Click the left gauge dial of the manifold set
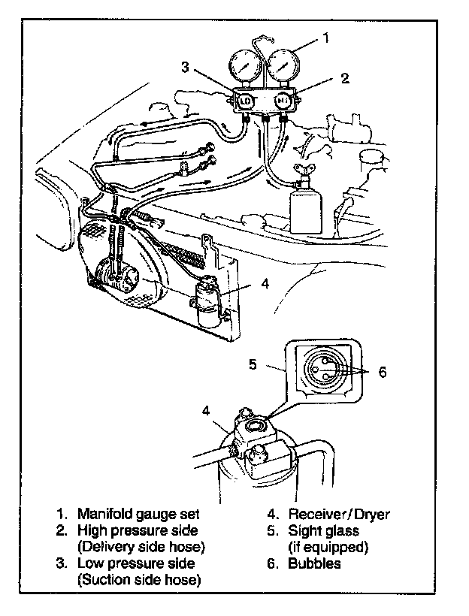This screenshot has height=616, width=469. (x=247, y=68)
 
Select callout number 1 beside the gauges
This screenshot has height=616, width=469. (x=325, y=35)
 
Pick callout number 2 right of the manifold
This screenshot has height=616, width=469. (x=345, y=77)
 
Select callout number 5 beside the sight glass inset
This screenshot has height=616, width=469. (x=253, y=364)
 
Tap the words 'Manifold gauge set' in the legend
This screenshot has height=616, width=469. (x=139, y=515)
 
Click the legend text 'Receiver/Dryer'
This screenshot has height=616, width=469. (x=339, y=515)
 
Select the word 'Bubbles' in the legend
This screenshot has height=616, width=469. (x=314, y=563)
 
